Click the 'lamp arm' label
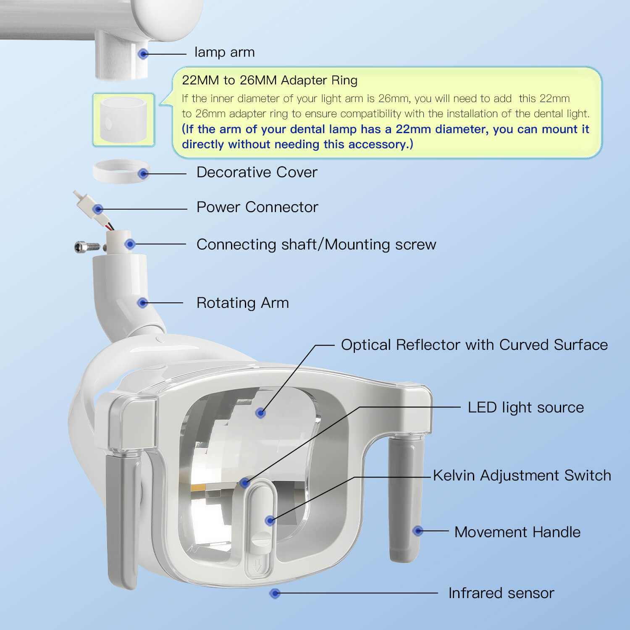pyautogui.click(x=224, y=52)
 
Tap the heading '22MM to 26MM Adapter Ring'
pyautogui.click(x=270, y=80)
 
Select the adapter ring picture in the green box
pyautogui.click(x=123, y=120)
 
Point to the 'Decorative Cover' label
pyautogui.click(x=257, y=172)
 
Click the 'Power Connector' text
pyautogui.click(x=257, y=207)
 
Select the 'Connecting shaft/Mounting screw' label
pyautogui.click(x=316, y=244)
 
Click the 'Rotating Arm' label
pyautogui.click(x=243, y=303)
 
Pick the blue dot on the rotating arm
pyautogui.click(x=143, y=303)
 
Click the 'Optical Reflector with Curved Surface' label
pyautogui.click(x=474, y=345)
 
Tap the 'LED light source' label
pyautogui.click(x=526, y=407)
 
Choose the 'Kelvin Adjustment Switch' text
pyautogui.click(x=522, y=475)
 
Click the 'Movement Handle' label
pyautogui.click(x=517, y=532)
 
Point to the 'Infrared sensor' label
pyautogui.click(x=501, y=593)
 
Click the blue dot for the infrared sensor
pyautogui.click(x=275, y=593)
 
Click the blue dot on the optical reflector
pyautogui.click(x=260, y=413)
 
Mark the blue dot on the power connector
pyautogui.click(x=98, y=209)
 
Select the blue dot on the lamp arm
pyautogui.click(x=144, y=54)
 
